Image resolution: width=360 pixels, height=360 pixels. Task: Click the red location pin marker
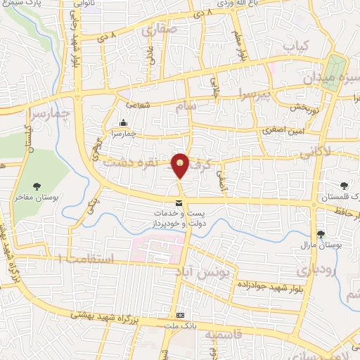181,165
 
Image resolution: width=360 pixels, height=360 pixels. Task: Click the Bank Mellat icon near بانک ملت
181,314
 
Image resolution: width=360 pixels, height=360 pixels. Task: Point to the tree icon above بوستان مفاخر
37,186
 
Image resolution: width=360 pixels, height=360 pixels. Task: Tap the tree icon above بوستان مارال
321,234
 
